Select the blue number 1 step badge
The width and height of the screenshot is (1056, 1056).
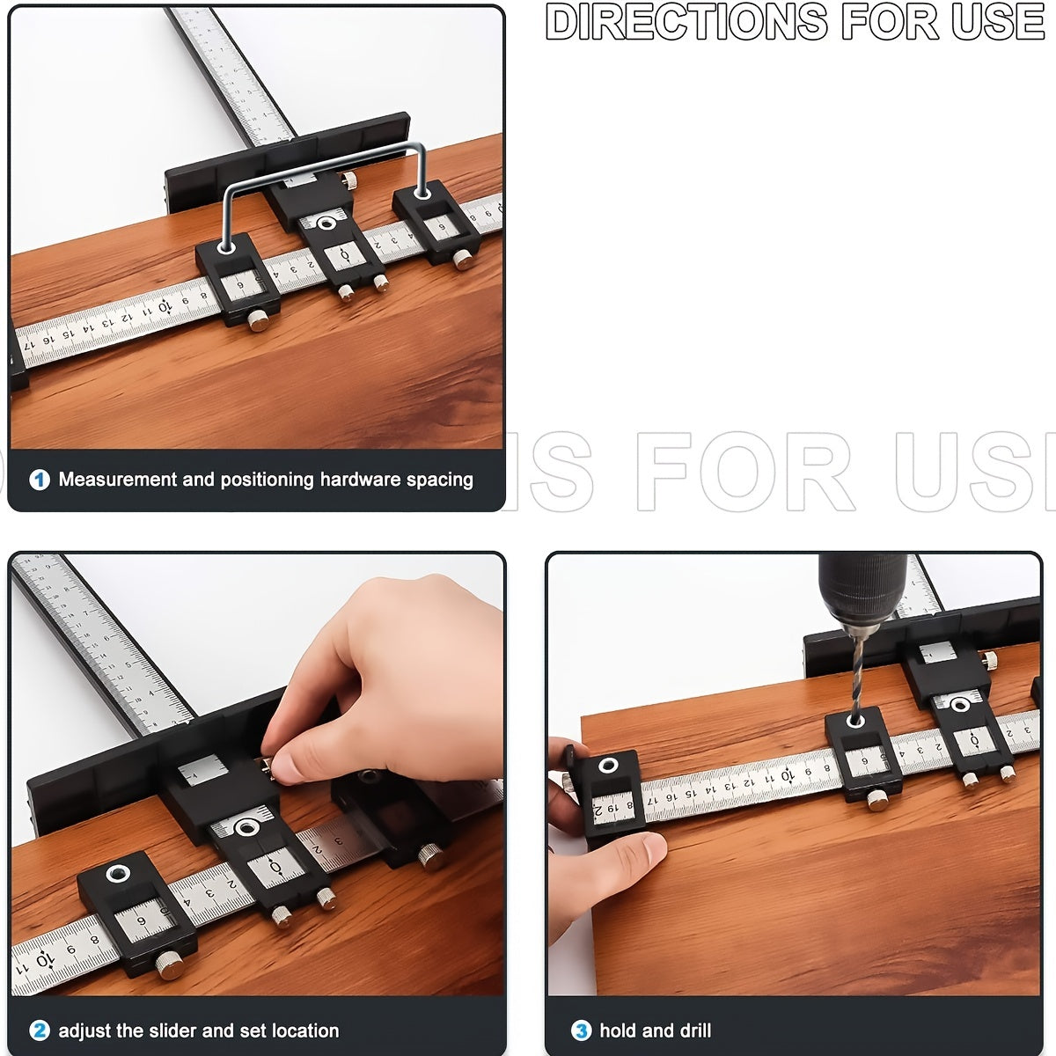coord(40,480)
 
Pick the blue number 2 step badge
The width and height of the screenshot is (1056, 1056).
coord(40,1030)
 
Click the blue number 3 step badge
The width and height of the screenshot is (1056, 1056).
coord(581,1030)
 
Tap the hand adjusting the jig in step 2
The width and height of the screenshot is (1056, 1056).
coord(387,669)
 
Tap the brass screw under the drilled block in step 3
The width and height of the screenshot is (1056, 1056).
coord(876,799)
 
